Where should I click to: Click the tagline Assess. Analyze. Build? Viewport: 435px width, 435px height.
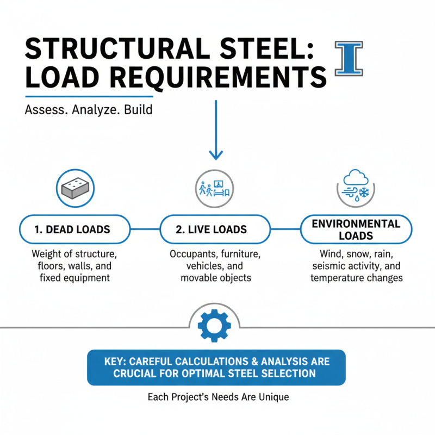[89, 109]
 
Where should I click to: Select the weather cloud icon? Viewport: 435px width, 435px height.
[356, 188]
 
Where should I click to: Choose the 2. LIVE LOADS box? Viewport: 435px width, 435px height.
[215, 229]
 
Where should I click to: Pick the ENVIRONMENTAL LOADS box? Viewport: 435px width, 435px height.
[356, 229]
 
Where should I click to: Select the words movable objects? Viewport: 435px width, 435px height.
[216, 278]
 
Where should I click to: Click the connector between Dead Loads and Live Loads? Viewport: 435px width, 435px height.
[144, 229]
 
